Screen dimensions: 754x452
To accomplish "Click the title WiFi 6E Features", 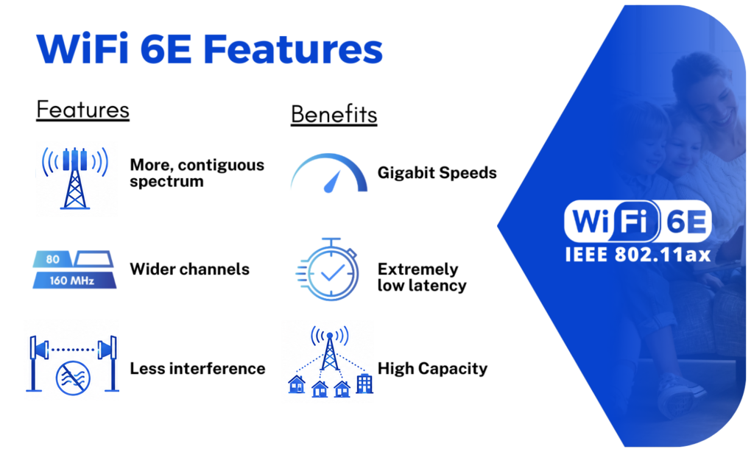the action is click(x=210, y=49).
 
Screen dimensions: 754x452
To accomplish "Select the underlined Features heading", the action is click(x=82, y=110).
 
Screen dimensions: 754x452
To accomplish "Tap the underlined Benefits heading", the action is click(x=334, y=114).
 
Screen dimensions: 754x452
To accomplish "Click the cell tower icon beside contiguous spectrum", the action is click(x=75, y=178).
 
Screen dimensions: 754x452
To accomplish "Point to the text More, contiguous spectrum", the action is click(x=197, y=173).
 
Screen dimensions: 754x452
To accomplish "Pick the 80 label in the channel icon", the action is click(x=52, y=259).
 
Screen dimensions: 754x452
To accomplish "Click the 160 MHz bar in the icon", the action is click(x=74, y=280).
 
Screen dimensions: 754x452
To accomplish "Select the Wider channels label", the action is click(x=189, y=269).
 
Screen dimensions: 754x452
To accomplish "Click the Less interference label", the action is click(x=197, y=369).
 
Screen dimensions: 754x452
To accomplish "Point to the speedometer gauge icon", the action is click(x=329, y=173).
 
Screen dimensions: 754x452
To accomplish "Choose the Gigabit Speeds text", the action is click(x=437, y=172).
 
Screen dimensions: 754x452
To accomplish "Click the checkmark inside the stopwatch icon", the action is click(x=333, y=272).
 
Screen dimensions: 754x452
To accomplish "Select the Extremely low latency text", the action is click(x=422, y=278).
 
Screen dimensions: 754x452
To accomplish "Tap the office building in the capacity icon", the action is click(x=364, y=384).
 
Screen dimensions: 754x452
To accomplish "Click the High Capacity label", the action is click(x=432, y=369).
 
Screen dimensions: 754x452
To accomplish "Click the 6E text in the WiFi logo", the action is click(x=686, y=222).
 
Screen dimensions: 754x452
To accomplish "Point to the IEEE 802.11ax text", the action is click(x=638, y=255).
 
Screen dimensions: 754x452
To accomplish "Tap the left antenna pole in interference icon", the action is click(x=34, y=364).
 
